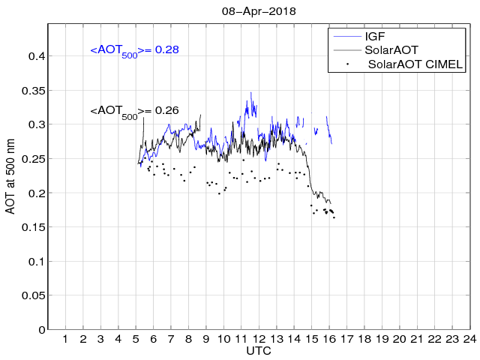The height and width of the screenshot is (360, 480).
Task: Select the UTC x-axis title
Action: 259,351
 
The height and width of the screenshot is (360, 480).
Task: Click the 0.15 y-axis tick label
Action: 34,227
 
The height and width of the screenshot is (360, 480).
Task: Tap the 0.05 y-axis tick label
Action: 34,295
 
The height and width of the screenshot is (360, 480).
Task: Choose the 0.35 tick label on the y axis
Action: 34,91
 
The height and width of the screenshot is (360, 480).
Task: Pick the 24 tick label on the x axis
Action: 470,340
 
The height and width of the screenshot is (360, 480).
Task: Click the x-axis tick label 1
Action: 65,340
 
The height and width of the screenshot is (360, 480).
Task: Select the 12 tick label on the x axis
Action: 259,340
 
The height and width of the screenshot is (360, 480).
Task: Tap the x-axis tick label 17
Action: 346,340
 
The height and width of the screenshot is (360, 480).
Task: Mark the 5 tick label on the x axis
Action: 136,340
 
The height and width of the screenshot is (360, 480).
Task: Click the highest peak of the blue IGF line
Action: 250,92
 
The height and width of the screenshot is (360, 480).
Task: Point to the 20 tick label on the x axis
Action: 400,340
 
